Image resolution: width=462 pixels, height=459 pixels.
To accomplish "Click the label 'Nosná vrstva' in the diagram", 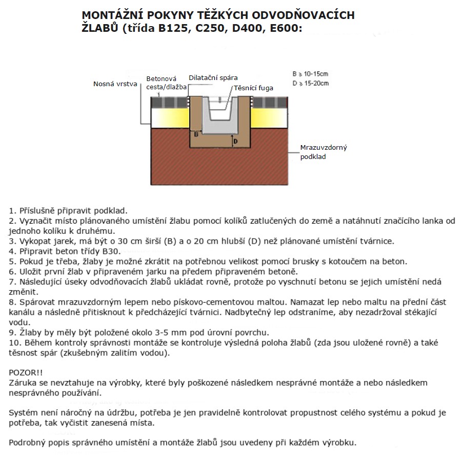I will (x=115, y=84).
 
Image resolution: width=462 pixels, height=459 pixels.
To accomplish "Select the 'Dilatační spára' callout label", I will (x=213, y=77).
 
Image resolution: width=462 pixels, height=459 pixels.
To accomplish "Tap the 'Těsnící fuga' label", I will (x=253, y=88).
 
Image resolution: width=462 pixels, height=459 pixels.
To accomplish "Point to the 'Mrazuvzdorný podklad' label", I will (x=324, y=152).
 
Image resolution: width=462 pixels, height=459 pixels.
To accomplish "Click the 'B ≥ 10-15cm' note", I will (x=310, y=73).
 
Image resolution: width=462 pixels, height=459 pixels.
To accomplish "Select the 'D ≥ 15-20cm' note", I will (x=310, y=83).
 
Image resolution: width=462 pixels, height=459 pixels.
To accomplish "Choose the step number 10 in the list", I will (x=14, y=342).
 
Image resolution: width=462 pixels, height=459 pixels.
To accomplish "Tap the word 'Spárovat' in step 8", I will (x=35, y=302).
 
